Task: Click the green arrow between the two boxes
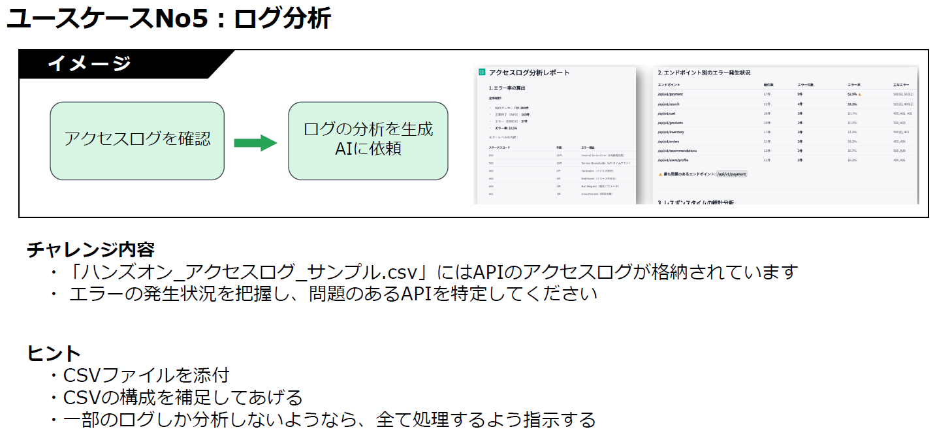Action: click(255, 142)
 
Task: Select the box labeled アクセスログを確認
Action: click(137, 140)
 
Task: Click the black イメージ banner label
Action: click(89, 64)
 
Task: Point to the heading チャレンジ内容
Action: click(91, 249)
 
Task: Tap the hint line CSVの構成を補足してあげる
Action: click(183, 397)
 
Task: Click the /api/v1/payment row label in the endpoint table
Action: click(671, 94)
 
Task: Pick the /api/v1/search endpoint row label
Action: click(670, 104)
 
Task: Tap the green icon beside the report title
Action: click(482, 72)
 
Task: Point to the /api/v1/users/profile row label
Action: click(673, 160)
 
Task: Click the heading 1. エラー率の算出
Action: click(507, 87)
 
